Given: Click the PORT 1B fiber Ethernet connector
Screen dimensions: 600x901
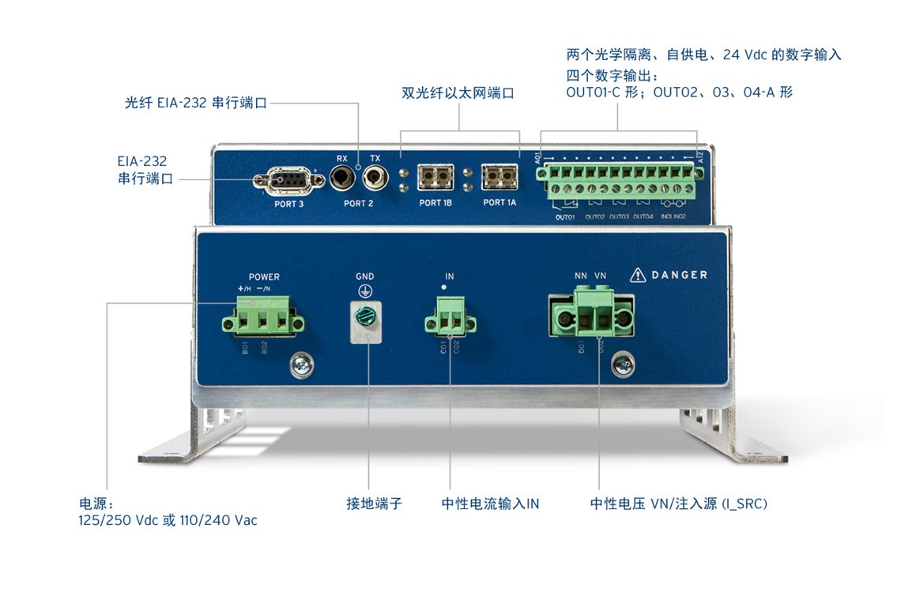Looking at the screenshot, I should pos(435,177).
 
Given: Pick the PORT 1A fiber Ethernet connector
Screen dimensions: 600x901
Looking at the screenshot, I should pos(500,177).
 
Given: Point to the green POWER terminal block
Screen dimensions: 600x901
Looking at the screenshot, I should pos(262,321).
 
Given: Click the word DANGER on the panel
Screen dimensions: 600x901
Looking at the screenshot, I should pos(679,275).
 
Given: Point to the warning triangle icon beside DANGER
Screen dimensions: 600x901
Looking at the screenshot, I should pos(638,275).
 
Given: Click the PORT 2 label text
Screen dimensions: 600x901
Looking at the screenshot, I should pos(359,204).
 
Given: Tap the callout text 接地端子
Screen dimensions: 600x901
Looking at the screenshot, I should pos(374,504).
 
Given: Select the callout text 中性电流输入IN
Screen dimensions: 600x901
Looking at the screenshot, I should pos(490,504).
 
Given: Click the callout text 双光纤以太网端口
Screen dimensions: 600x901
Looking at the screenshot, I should pos(458,92).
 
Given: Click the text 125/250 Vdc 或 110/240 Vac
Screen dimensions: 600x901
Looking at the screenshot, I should pos(168,521).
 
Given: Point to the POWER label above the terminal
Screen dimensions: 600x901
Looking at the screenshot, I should pos(264,277).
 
